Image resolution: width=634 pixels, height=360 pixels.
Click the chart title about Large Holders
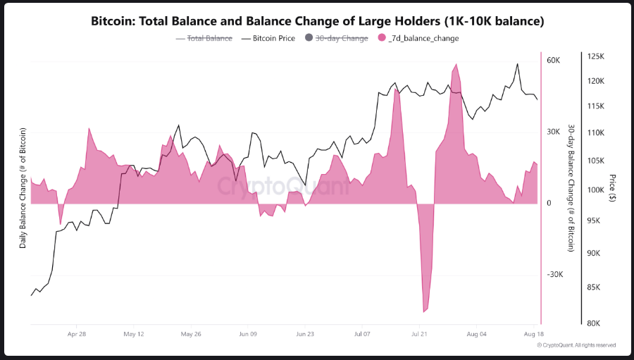tap(317, 21)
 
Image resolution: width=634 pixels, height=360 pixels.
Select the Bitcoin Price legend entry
tap(273, 38)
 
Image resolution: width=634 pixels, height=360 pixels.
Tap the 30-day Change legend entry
tap(342, 38)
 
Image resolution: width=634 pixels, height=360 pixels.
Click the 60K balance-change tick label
tap(553, 61)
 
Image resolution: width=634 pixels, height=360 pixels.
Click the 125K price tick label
tap(595, 56)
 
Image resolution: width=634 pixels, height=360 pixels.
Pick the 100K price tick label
tap(595, 190)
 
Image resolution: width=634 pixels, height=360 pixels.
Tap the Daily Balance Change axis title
tap(23, 188)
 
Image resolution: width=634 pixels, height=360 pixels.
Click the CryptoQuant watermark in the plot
tap(282, 187)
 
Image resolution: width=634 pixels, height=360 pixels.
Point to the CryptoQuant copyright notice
tap(576, 345)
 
